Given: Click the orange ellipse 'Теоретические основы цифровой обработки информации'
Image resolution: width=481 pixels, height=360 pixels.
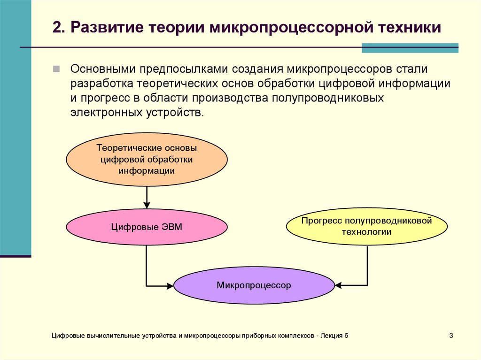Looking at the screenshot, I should [147, 160].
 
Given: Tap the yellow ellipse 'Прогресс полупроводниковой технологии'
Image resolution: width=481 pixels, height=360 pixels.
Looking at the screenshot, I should [366, 226].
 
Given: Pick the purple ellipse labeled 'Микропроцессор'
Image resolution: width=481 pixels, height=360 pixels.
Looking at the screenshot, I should [254, 285].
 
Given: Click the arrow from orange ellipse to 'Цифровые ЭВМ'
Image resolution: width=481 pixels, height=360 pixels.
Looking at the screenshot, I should [147, 197].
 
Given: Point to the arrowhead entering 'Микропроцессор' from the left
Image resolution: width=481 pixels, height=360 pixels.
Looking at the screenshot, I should [170, 285].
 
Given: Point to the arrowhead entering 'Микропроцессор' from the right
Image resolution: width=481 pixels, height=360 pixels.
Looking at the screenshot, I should [338, 285].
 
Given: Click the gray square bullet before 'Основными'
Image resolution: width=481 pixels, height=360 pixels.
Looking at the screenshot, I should [56, 69].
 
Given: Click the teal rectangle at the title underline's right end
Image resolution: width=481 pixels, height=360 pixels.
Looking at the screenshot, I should [410, 48].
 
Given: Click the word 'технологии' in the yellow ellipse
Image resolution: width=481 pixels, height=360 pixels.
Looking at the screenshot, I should [366, 232].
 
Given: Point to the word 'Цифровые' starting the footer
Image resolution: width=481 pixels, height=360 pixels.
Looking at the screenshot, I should [68, 336].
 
